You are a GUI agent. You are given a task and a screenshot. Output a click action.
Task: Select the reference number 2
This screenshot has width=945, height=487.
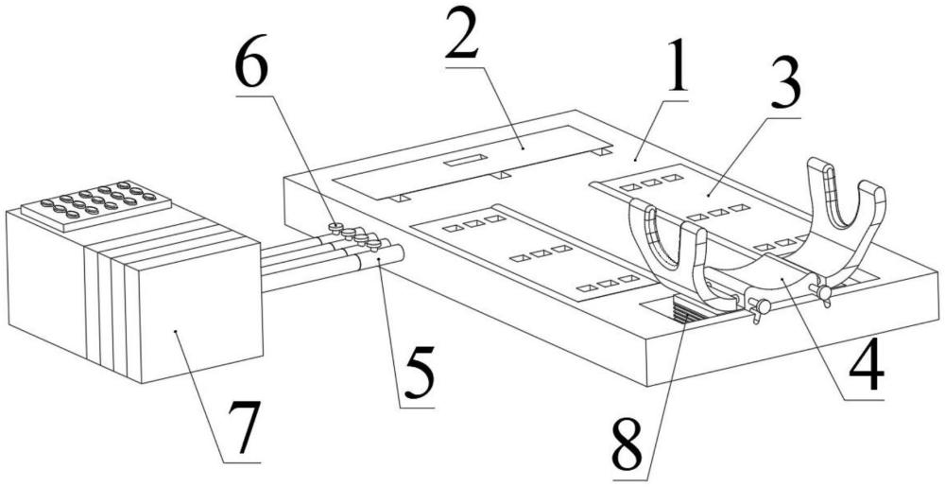pos(465,37)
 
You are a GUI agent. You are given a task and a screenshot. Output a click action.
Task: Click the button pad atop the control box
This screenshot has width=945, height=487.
pos(96,203)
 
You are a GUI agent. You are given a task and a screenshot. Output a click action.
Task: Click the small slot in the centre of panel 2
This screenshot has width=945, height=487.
pos(463,162)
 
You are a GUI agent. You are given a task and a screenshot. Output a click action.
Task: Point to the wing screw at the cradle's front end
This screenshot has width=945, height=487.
pos(758,309)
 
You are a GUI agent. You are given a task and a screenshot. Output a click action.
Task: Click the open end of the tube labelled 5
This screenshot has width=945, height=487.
pos(395,252)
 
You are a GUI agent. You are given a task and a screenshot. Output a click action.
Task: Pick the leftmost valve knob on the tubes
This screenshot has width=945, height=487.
pos(334,227)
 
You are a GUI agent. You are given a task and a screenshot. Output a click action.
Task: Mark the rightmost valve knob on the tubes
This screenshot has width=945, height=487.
pos(377,245)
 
